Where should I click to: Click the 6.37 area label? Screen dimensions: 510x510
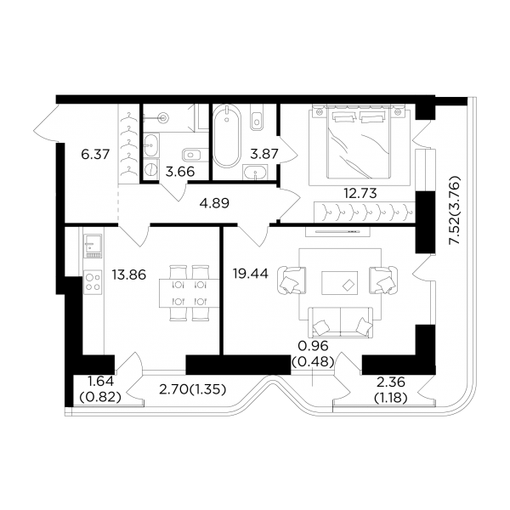click(x=95, y=154)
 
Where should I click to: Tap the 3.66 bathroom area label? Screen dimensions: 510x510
click(x=180, y=172)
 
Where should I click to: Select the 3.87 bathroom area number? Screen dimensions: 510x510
click(x=264, y=154)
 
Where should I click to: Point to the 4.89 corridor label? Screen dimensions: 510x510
click(x=214, y=203)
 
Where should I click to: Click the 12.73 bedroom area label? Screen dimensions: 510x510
click(x=360, y=193)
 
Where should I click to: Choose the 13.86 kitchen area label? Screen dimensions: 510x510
click(x=129, y=275)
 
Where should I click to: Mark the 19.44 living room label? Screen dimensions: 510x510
click(x=251, y=274)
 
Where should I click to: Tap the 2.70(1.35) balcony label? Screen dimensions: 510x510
click(x=193, y=389)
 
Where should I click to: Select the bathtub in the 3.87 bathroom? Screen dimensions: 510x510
click(x=227, y=136)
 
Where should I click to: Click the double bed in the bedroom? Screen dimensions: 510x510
click(x=359, y=143)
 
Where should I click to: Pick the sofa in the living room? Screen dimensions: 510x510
click(x=340, y=322)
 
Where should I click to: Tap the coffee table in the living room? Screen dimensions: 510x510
click(x=339, y=283)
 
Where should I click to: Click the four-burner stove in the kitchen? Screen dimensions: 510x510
click(x=93, y=282)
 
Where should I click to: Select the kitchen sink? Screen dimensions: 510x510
click(x=93, y=246)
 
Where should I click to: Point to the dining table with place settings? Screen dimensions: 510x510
click(x=189, y=293)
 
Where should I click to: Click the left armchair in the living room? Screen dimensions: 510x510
click(x=292, y=280)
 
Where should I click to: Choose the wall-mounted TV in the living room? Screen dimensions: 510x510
click(x=337, y=231)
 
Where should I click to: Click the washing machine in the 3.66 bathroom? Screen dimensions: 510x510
click(x=151, y=169)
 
